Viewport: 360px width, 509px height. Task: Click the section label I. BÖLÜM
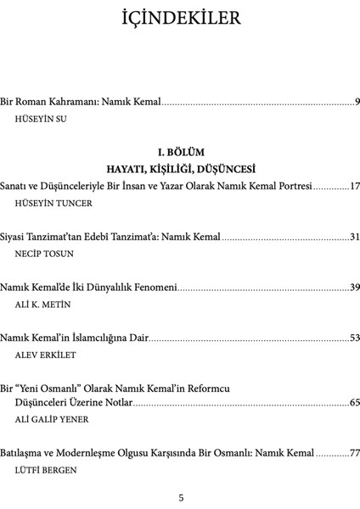click(180, 151)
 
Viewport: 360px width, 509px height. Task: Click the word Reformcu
click(206, 388)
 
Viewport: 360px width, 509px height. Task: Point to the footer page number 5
click(180, 497)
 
